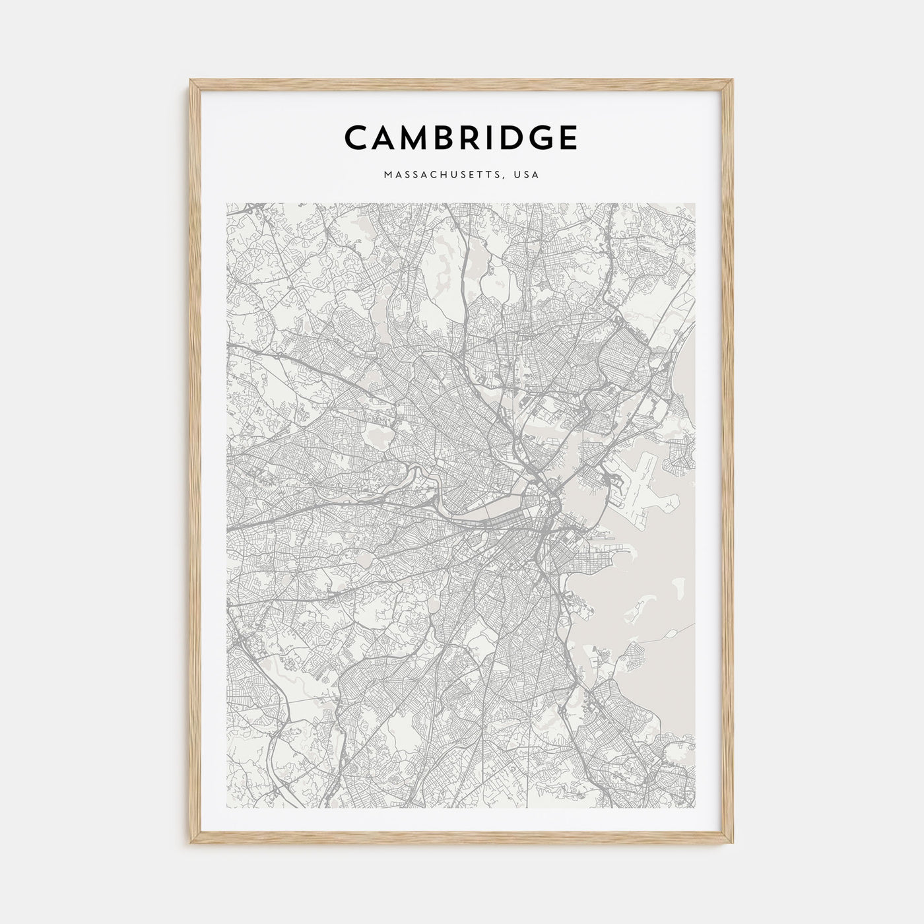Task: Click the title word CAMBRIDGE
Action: click(461, 137)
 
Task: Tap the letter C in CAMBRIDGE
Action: click(356, 137)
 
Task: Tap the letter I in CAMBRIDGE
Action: click(487, 137)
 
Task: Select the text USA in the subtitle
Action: click(528, 176)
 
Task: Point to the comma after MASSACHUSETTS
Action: click(507, 178)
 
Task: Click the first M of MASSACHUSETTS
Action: click(385, 176)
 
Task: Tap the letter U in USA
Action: click(519, 176)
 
